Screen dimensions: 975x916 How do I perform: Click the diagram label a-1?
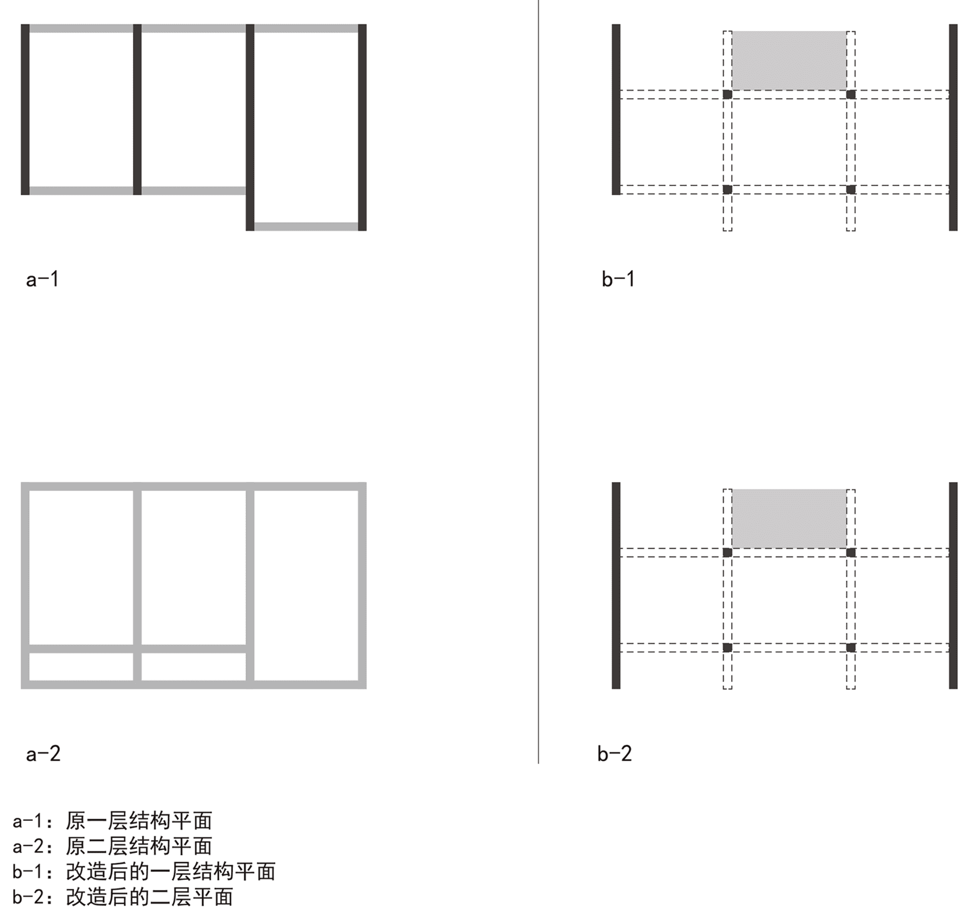pyautogui.click(x=43, y=279)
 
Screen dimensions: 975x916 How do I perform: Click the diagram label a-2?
pyautogui.click(x=43, y=753)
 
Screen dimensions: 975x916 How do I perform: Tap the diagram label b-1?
pyautogui.click(x=619, y=279)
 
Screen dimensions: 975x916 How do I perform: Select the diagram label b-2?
pyautogui.click(x=615, y=753)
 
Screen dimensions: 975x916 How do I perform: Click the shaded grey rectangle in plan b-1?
pyautogui.click(x=789, y=61)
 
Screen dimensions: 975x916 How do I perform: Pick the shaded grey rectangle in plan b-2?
pyautogui.click(x=789, y=519)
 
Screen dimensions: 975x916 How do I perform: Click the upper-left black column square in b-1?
pyautogui.click(x=727, y=94)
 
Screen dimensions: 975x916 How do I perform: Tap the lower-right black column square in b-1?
pyautogui.click(x=851, y=189)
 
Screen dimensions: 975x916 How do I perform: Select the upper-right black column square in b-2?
pyautogui.click(x=851, y=553)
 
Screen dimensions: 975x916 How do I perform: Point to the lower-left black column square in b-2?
pyautogui.click(x=727, y=648)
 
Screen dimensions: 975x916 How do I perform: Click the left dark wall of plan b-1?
pyautogui.click(x=616, y=109)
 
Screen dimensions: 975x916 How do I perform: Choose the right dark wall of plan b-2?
pyautogui.click(x=953, y=586)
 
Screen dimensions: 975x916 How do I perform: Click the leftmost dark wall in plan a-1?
pyautogui.click(x=25, y=109)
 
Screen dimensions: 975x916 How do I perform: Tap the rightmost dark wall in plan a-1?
pyautogui.click(x=362, y=128)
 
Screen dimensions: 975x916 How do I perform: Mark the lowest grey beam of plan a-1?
pyautogui.click(x=306, y=227)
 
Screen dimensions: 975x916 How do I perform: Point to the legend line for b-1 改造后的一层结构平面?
pyautogui.click(x=144, y=872)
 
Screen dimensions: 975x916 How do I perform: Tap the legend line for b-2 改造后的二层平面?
pyautogui.click(x=123, y=897)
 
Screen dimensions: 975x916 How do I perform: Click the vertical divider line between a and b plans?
pyautogui.click(x=538, y=382)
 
